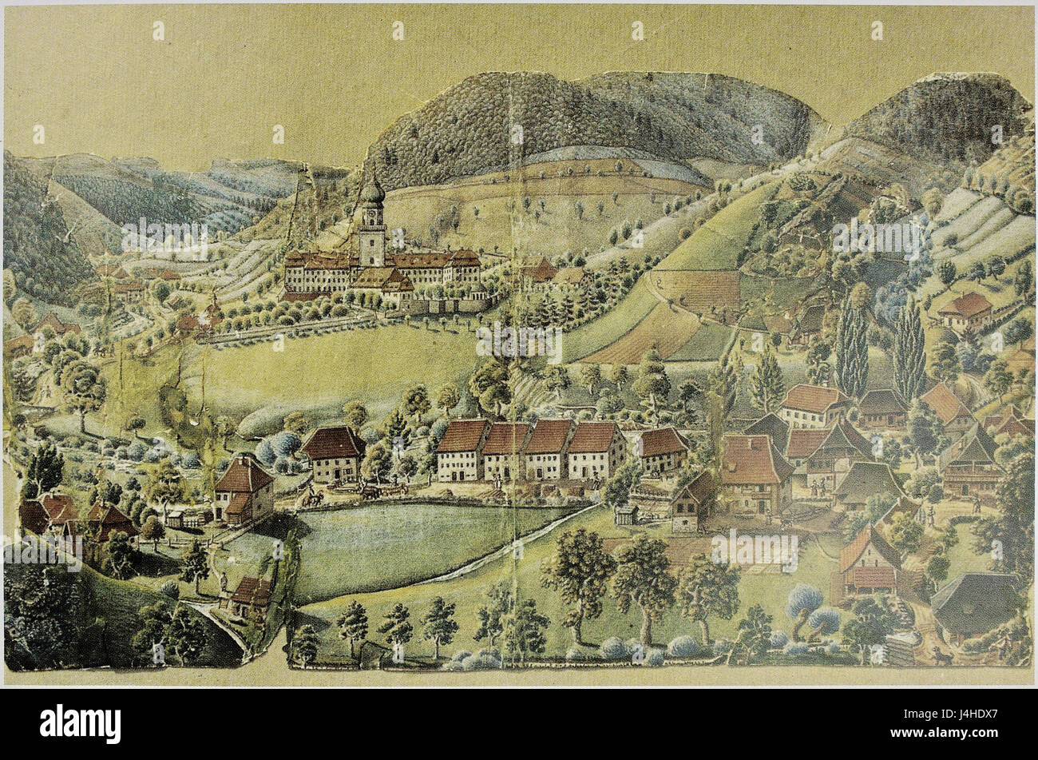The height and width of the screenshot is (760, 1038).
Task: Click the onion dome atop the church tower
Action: [372, 191]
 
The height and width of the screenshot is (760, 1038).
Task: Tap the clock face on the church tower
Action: [371, 217]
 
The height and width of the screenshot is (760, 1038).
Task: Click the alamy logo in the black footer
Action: [80, 724]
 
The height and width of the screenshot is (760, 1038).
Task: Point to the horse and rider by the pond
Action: [311, 497]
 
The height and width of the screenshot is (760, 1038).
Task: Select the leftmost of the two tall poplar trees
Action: [852, 348]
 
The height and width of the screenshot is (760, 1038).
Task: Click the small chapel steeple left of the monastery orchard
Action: [213, 308]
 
